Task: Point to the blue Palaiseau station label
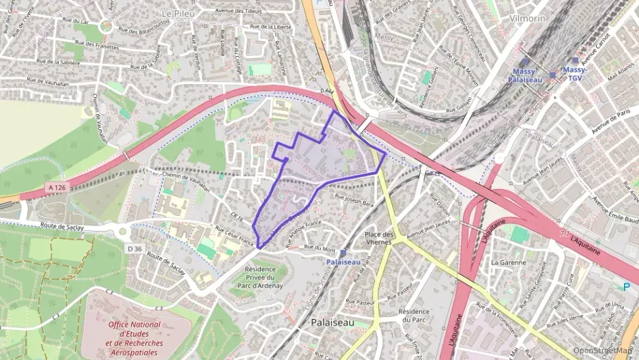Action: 342,261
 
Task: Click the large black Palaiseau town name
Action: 332,322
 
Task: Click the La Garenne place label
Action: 508,262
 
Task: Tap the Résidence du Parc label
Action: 414,315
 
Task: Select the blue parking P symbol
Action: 627,288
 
